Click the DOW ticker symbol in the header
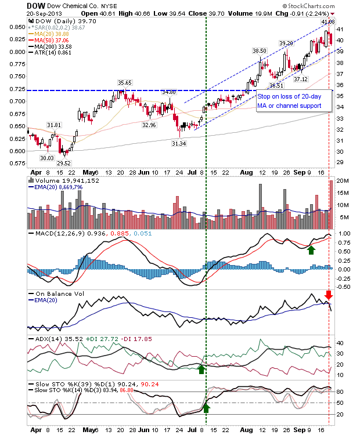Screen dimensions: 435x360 click(x=36, y=5)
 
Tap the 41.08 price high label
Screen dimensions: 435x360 click(x=329, y=21)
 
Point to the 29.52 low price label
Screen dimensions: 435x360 click(x=63, y=164)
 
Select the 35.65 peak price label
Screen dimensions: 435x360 click(x=125, y=82)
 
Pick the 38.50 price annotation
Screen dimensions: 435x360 click(x=259, y=51)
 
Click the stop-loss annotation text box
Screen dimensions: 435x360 click(x=294, y=100)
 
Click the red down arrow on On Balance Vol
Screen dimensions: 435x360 click(x=328, y=295)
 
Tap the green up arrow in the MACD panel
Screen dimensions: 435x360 click(x=311, y=249)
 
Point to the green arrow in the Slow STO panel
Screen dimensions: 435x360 click(x=206, y=408)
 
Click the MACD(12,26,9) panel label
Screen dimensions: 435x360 click(x=54, y=234)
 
